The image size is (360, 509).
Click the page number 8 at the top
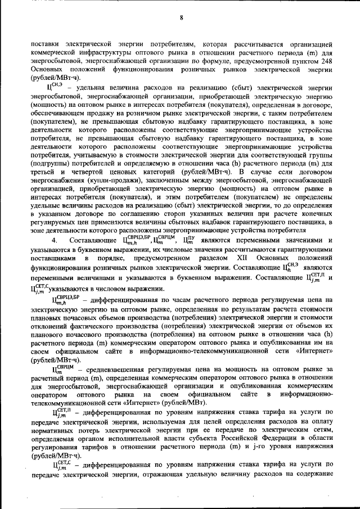(182, 17)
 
